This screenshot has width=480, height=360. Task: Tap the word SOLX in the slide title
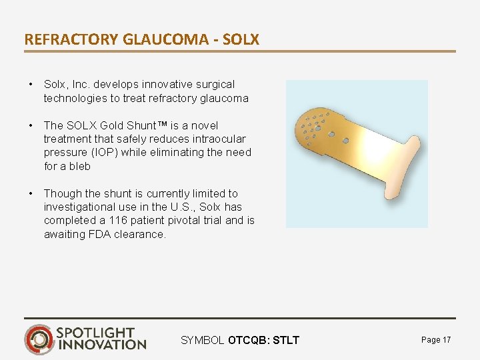tap(241, 39)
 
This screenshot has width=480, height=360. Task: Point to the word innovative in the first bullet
tap(157, 85)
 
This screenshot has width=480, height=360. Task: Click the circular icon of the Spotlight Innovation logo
tap(39, 339)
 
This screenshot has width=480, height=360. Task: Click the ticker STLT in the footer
tap(287, 341)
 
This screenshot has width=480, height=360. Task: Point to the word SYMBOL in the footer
tap(203, 341)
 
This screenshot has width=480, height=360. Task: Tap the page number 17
tap(446, 340)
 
